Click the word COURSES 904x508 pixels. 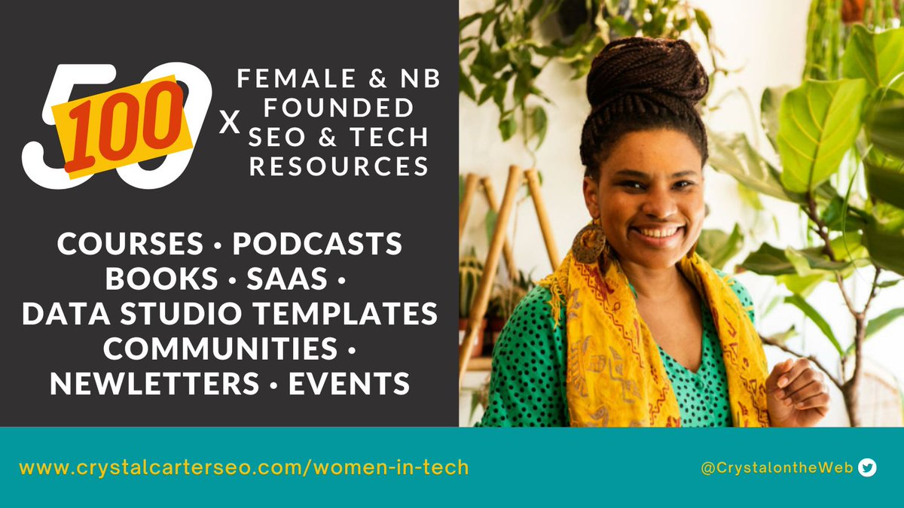130,245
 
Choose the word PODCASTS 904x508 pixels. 317,245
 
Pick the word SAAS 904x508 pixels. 288,279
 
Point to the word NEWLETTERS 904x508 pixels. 154,385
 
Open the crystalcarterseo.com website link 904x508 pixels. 243,467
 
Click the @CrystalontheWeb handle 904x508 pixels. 776,468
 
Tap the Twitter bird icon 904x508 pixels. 868,468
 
